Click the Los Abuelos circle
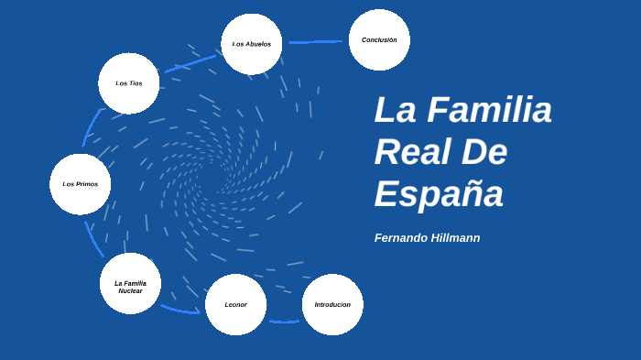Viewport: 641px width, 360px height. (x=251, y=44)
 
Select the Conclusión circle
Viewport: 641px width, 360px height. (x=379, y=40)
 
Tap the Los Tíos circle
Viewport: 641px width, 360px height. (x=129, y=83)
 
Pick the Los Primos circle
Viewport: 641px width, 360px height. (x=81, y=184)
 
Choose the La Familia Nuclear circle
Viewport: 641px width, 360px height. (x=130, y=284)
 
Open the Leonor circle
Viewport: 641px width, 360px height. (x=236, y=304)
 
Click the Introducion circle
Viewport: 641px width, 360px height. (x=332, y=304)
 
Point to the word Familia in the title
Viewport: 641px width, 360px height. (x=489, y=111)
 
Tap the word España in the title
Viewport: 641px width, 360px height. (x=439, y=194)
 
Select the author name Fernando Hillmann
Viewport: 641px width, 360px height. (x=427, y=238)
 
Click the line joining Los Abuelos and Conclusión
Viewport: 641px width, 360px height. (x=316, y=41)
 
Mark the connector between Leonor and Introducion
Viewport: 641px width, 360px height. (x=284, y=322)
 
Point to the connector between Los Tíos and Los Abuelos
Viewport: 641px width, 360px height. (x=190, y=61)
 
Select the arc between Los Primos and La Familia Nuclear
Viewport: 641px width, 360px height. (x=93, y=238)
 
